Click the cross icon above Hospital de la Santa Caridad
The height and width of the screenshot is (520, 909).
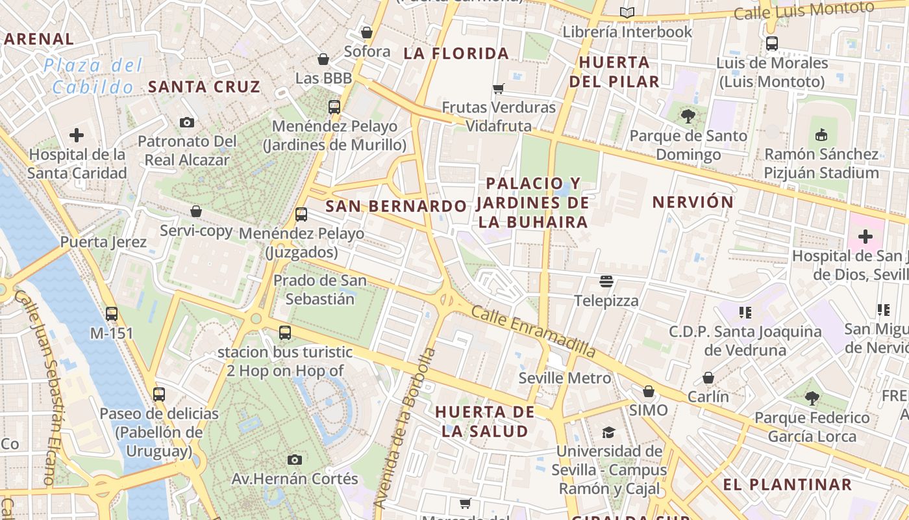click(77, 135)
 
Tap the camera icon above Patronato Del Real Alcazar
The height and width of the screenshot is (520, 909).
click(187, 122)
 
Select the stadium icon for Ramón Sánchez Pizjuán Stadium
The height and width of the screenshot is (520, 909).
click(821, 135)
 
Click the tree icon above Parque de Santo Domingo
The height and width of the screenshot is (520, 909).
click(688, 116)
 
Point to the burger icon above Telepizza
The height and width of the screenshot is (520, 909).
click(606, 281)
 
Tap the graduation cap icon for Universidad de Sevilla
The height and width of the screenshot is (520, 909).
click(608, 432)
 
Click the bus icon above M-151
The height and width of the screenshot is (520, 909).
click(112, 314)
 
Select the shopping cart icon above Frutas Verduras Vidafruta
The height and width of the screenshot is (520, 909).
click(499, 88)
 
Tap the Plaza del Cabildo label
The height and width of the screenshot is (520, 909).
click(93, 76)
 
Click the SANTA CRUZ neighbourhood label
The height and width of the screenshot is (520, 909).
click(204, 86)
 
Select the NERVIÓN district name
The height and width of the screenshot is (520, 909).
click(693, 202)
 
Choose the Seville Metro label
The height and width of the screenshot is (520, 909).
click(564, 378)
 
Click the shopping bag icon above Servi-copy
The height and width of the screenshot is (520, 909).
click(196, 211)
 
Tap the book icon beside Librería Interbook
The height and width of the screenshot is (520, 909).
click(627, 12)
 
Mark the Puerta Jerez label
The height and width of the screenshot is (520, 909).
click(103, 242)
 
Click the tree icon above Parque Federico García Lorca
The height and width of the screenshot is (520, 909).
click(812, 398)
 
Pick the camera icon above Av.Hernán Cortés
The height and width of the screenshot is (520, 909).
click(295, 460)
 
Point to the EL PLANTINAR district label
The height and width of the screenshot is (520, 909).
click(787, 484)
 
